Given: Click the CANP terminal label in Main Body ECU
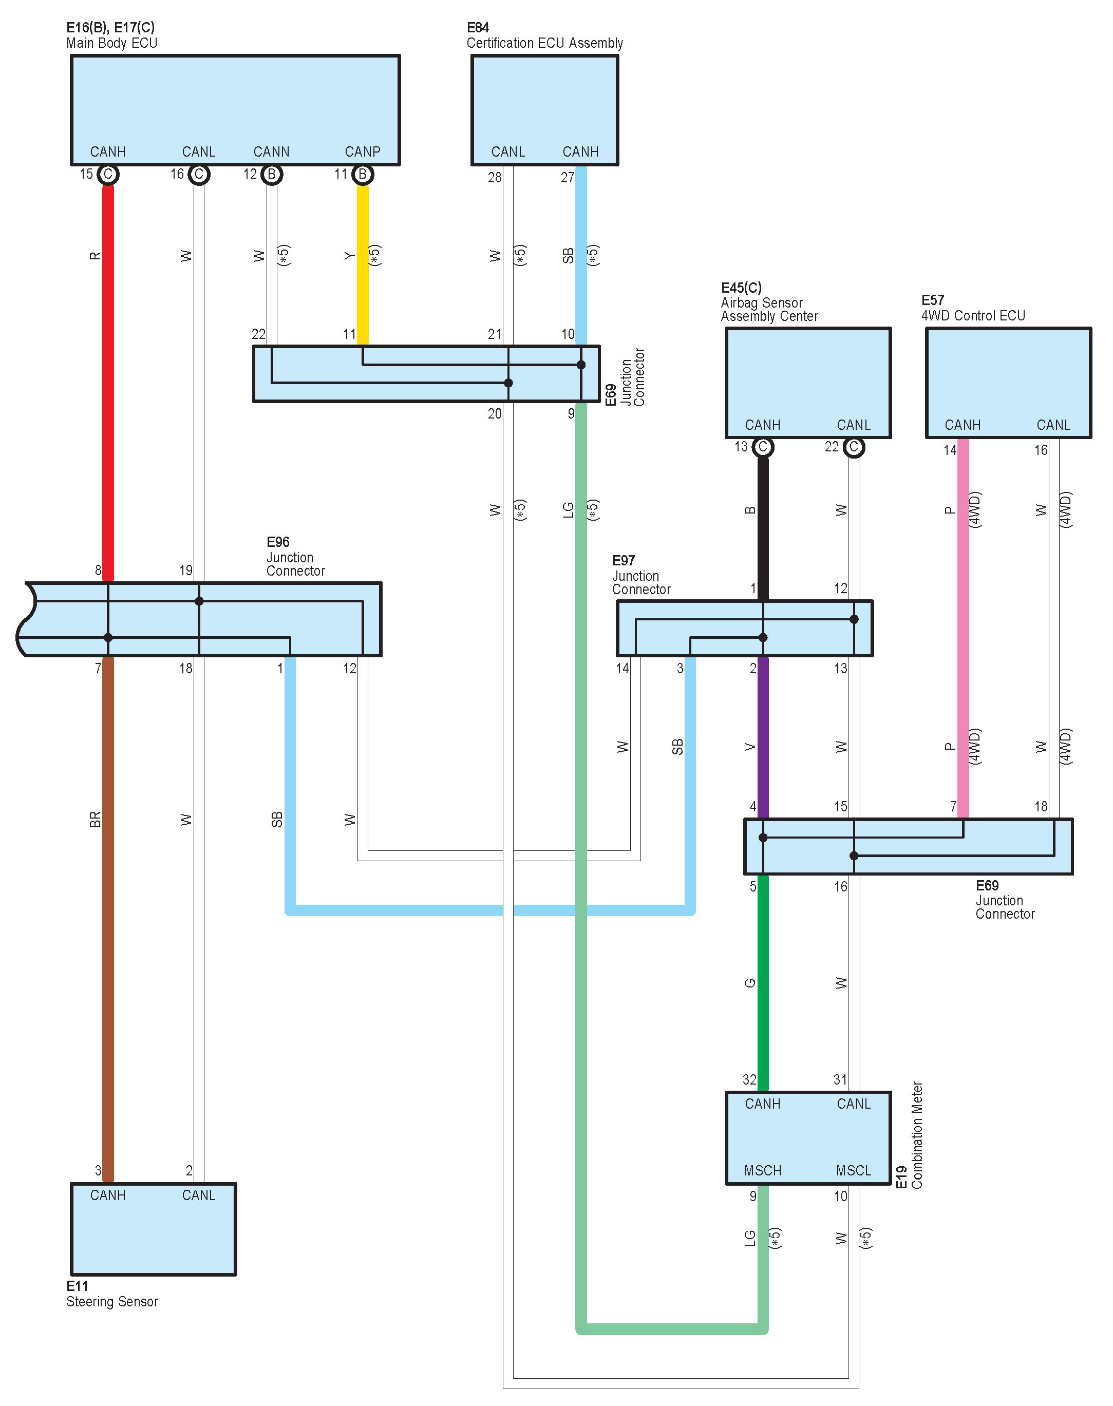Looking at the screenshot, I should (x=362, y=152).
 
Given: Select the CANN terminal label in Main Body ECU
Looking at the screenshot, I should (x=271, y=152).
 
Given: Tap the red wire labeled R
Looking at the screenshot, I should (x=108, y=378).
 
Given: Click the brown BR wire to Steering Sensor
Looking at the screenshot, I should (x=108, y=912).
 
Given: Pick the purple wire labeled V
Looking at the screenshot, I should (x=762, y=736).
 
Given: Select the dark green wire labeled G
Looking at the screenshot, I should (x=762, y=977).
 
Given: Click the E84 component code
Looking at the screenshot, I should (x=478, y=27).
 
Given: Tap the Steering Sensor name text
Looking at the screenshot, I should (x=112, y=1301).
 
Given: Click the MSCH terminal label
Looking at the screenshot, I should (x=762, y=1171).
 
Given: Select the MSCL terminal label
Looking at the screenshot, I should (x=854, y=1171).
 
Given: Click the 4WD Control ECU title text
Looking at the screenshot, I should (x=973, y=315).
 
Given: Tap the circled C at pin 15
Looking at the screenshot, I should (x=108, y=175).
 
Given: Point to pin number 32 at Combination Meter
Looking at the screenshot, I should (x=749, y=1079).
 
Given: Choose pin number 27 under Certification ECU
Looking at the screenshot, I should (x=568, y=177).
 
